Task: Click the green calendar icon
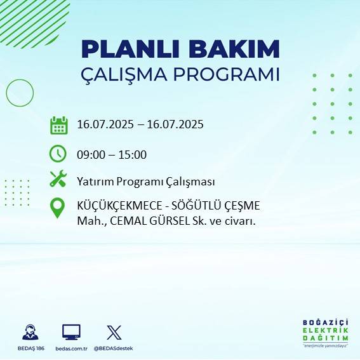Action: pyautogui.click(x=58, y=125)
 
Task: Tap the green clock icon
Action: pyautogui.click(x=58, y=154)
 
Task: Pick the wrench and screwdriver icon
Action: pyautogui.click(x=58, y=180)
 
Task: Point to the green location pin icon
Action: pyautogui.click(x=58, y=208)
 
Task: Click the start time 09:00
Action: pyautogui.click(x=90, y=154)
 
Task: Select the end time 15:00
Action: pyautogui.click(x=133, y=154)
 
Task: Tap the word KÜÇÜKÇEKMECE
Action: pyautogui.click(x=116, y=207)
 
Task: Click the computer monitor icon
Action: pyautogui.click(x=71, y=331)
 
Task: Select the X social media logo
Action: pyautogui.click(x=114, y=331)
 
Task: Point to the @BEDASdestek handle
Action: pyautogui.click(x=114, y=349)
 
